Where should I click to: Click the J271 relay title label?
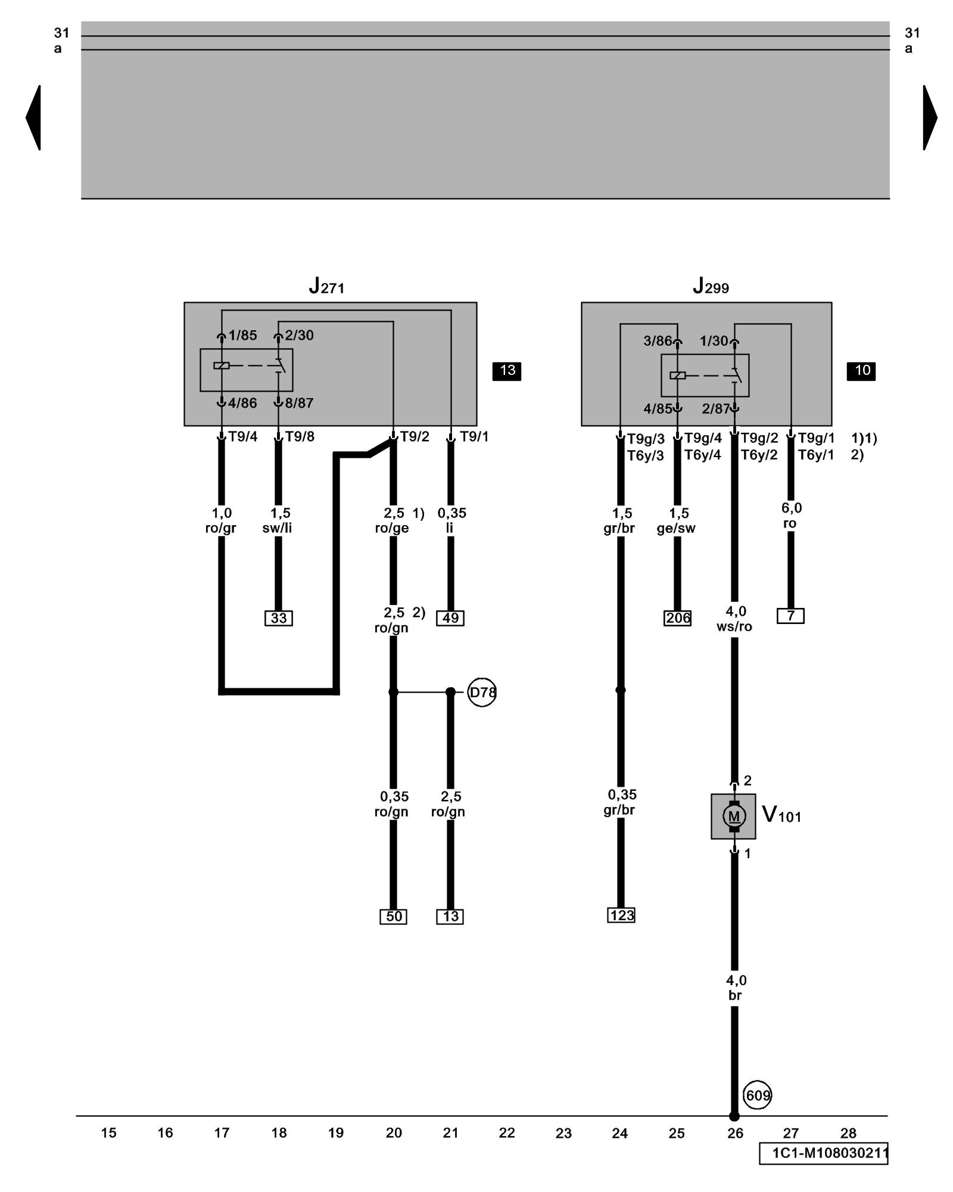[326, 287]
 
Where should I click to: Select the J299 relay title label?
[711, 287]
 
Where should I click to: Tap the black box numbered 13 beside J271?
[507, 371]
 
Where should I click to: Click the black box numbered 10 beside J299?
[861, 371]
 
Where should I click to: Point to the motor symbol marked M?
[734, 816]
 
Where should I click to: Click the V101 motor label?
[781, 815]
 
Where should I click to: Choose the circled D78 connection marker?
[482, 692]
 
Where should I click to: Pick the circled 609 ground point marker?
[758, 1095]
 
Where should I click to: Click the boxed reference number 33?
[279, 618]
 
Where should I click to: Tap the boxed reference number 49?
[450, 618]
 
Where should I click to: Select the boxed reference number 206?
[678, 618]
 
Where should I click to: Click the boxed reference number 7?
[790, 616]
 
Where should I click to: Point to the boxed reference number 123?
[621, 915]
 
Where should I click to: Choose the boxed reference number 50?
[394, 916]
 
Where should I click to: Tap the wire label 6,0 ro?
[791, 516]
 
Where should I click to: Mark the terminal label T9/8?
[300, 437]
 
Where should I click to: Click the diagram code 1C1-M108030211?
[824, 1153]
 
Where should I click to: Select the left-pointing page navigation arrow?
[34, 117]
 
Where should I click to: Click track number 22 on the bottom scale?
[507, 1132]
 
